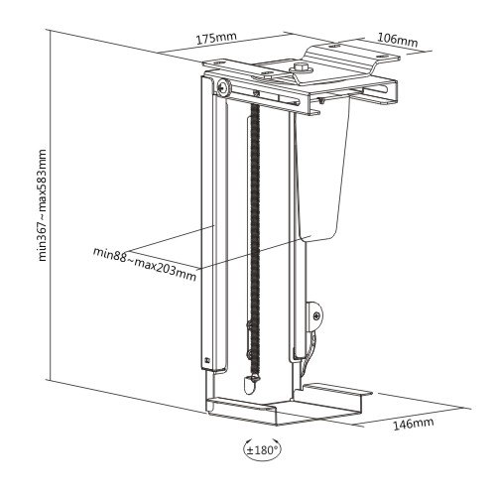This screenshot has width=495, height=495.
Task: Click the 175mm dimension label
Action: pyautogui.click(x=216, y=39)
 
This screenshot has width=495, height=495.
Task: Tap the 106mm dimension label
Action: pyautogui.click(x=398, y=41)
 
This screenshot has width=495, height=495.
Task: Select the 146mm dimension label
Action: pyautogui.click(x=414, y=424)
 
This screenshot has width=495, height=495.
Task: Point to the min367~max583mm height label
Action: pyautogui.click(x=43, y=205)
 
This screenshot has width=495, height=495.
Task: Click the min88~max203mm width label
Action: pyautogui.click(x=145, y=264)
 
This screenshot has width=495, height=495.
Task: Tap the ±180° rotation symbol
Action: pyautogui.click(x=262, y=449)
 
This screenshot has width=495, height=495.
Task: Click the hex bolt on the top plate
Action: pyautogui.click(x=301, y=68)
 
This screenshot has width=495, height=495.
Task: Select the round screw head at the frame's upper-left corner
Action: pyautogui.click(x=223, y=87)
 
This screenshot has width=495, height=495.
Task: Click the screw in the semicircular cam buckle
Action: pyautogui.click(x=316, y=315)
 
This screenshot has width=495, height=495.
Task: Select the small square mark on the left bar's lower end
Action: pyautogui.click(x=207, y=359)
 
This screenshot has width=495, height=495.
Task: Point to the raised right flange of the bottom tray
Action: pyautogui.click(x=337, y=389)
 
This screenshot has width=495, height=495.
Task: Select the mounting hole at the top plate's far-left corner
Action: pyautogui.click(x=217, y=62)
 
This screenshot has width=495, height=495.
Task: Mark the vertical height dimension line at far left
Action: pyautogui.click(x=50, y=205)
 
